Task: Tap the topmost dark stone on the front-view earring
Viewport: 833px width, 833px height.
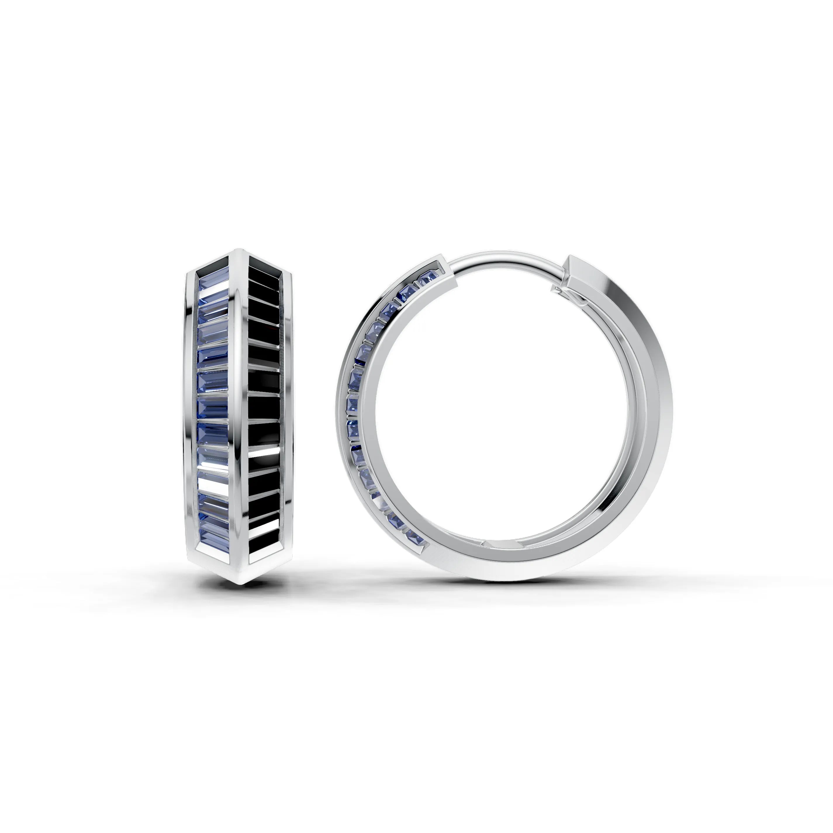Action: coord(264,270)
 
